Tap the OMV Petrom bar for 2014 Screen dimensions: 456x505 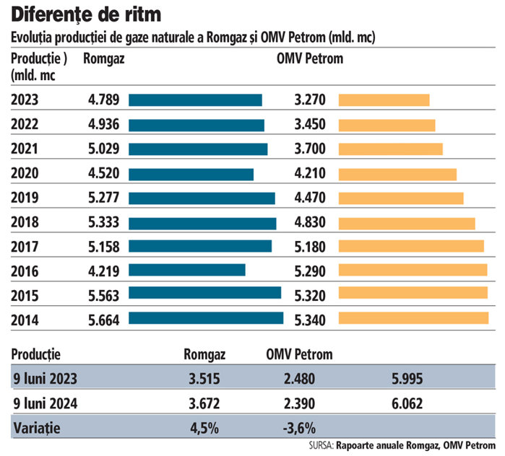point(414,318)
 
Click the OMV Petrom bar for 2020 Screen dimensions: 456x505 point(398,174)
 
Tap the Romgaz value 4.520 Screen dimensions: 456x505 point(103,174)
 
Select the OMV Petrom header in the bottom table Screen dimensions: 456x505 point(299,354)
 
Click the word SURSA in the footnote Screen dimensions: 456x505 point(320,445)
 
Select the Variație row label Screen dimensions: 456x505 point(37,426)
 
